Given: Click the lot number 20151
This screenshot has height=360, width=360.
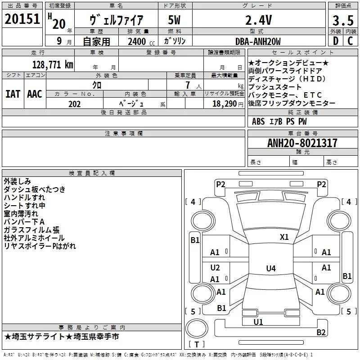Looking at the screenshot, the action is (x=22, y=19).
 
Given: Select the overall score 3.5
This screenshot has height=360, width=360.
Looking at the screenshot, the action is (x=343, y=21).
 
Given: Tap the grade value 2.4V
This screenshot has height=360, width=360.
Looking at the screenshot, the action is (x=258, y=20).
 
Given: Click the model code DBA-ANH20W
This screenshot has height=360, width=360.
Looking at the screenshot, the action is (x=258, y=41).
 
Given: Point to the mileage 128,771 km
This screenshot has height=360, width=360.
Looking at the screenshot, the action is (x=53, y=65).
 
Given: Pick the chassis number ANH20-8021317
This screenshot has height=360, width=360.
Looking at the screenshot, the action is (x=302, y=143).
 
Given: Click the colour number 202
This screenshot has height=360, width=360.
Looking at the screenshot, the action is (x=74, y=104).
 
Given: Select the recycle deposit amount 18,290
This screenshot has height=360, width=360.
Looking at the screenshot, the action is (x=225, y=104).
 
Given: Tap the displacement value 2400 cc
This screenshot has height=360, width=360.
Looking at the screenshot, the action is (x=141, y=42).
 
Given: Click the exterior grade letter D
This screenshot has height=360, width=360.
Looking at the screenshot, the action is (x=336, y=41).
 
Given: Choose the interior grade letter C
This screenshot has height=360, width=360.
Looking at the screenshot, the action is (x=350, y=41).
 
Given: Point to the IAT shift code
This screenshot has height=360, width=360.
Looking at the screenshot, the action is (x=13, y=94).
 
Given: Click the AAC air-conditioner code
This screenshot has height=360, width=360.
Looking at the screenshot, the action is (x=35, y=94).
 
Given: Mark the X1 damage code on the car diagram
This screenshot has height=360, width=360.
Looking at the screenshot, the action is (x=284, y=237).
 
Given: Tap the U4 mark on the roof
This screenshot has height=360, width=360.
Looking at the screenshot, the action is (x=271, y=268).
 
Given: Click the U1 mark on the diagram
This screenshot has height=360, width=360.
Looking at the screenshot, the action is (x=258, y=322).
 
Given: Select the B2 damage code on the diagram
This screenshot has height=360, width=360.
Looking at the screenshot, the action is (x=321, y=332).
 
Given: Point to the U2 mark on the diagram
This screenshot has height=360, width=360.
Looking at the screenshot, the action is (x=215, y=267).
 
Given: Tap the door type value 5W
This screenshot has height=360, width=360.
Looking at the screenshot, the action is (x=174, y=20).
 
